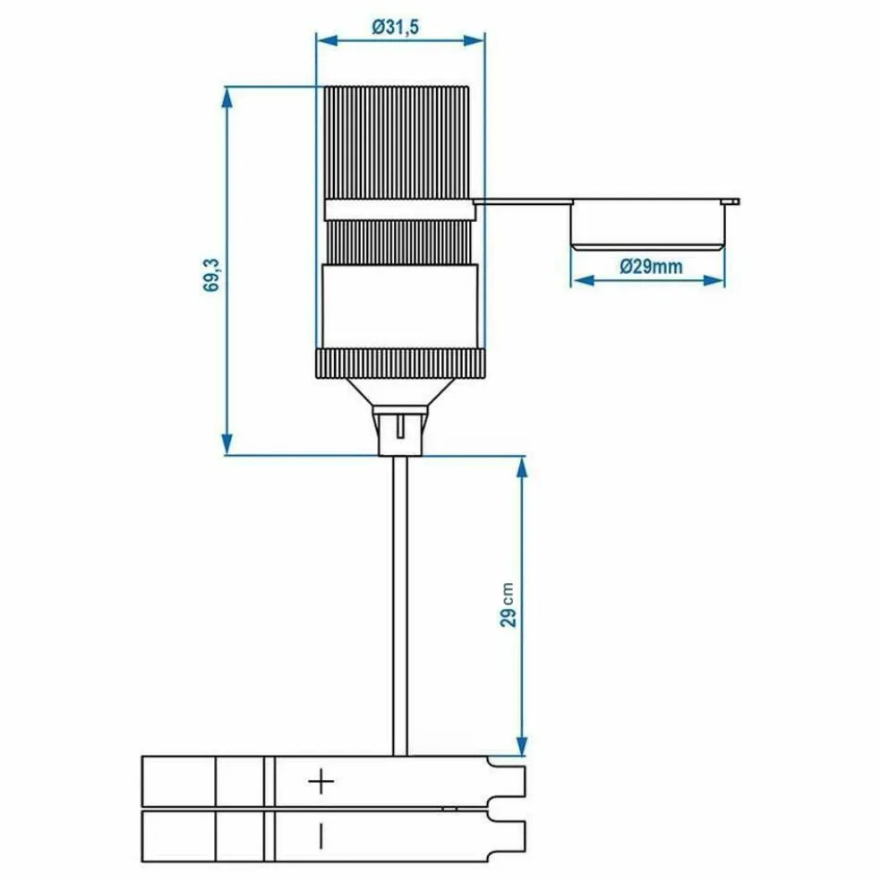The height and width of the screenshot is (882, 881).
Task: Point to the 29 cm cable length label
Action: point(509,606)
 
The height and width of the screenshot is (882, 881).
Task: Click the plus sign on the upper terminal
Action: point(321,783)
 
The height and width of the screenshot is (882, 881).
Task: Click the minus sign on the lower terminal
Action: point(321,836)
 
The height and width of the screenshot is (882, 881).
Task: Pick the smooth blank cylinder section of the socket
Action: point(398,307)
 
